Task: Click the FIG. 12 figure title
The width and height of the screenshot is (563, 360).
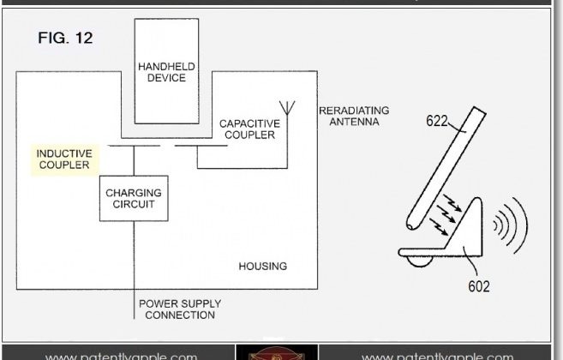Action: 65,38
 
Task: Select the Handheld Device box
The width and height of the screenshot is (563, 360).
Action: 166,71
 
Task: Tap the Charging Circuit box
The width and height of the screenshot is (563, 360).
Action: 134,198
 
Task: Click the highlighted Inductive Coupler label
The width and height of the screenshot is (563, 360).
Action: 64,159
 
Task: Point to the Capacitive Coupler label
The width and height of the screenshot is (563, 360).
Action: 249,129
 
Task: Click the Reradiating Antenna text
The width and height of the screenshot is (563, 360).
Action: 354,116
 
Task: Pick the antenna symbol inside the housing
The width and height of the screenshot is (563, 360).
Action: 287,108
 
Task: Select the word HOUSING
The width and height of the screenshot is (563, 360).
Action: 263,267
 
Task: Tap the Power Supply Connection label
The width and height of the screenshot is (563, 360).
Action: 180,309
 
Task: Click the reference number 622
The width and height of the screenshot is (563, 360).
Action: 437,121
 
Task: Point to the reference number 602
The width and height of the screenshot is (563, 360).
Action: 479,286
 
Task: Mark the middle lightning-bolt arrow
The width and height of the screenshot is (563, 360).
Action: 446,214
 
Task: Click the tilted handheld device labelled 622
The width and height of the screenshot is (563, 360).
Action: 446,168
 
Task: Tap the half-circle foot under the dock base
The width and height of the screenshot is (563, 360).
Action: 419,261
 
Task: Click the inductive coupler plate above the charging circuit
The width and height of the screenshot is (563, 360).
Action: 134,146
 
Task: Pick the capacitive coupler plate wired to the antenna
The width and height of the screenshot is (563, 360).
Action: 201,146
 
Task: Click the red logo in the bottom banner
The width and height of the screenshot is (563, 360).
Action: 277,353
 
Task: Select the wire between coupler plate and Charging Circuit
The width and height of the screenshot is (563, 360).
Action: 134,160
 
